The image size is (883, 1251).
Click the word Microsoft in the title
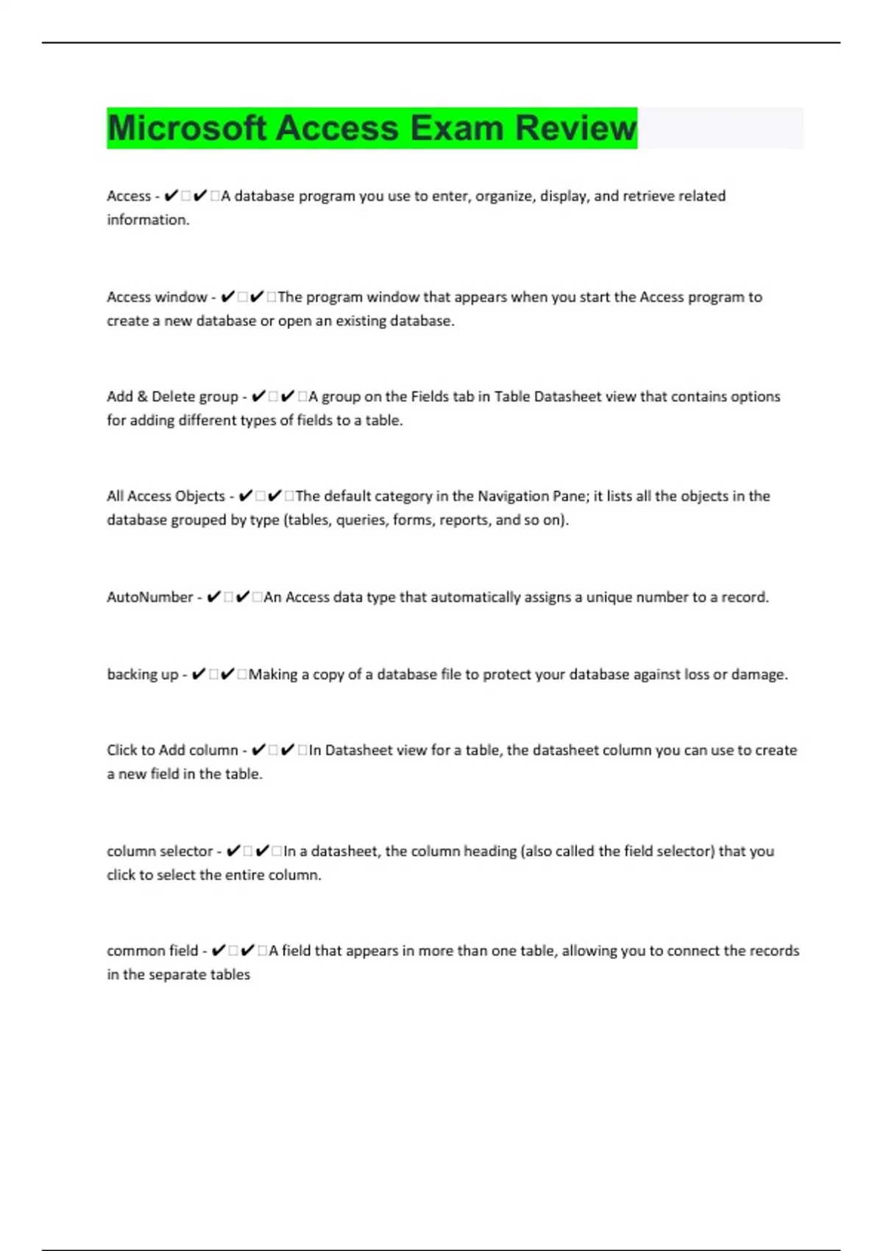point(187,128)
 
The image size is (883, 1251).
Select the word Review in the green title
point(575,128)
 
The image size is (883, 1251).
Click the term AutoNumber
point(149,597)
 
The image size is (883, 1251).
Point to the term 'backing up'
point(143,674)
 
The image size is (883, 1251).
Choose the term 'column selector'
point(160,851)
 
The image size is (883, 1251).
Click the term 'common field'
point(152,951)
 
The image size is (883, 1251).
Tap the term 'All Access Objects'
point(166,496)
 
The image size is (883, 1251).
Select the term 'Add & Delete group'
point(172,397)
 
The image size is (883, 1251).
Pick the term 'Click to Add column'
point(172,751)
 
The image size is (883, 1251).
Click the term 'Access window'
point(157,297)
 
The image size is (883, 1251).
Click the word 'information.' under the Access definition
point(148,220)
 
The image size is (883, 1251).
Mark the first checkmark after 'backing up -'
point(198,674)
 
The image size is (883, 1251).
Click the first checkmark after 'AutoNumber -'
point(213,597)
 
